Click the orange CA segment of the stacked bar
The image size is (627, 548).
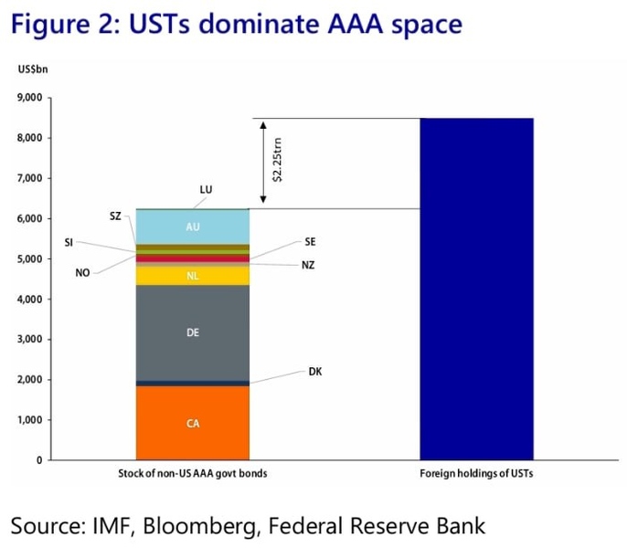click(x=192, y=423)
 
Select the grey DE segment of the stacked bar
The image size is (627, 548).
click(x=192, y=332)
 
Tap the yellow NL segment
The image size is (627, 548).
click(x=192, y=275)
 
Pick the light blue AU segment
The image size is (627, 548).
click(x=192, y=227)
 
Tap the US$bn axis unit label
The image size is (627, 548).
click(x=33, y=69)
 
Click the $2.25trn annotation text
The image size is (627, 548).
click(x=278, y=161)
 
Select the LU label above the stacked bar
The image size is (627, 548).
click(x=206, y=190)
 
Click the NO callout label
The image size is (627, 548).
click(x=82, y=272)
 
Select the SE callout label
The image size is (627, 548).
click(x=310, y=243)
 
